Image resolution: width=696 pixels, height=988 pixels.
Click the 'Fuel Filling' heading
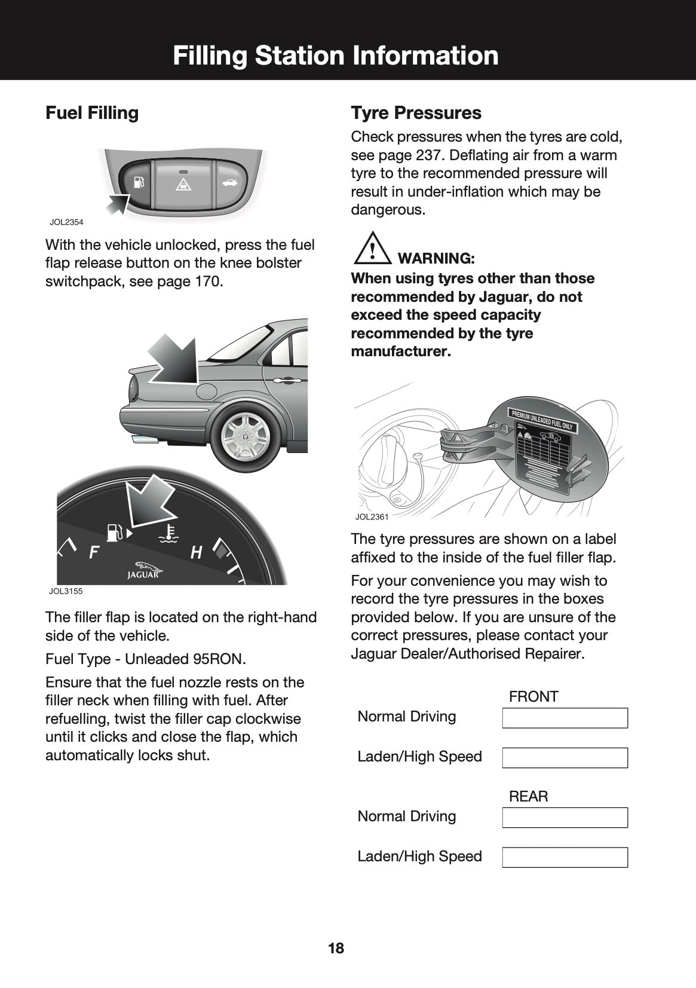pos(92,113)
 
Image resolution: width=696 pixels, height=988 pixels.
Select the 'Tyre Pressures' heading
pos(416,113)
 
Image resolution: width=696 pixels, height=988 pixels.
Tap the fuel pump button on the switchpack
pos(138,181)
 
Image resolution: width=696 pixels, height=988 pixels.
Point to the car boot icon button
pos(229,181)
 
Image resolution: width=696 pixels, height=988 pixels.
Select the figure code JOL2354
pos(66,222)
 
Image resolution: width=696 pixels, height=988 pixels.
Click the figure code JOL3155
pos(66,591)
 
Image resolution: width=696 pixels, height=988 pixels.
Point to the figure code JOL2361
pos(372,516)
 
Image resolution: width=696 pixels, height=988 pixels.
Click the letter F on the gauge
pos(94,552)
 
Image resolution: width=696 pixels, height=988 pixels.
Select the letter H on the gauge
pos(196,553)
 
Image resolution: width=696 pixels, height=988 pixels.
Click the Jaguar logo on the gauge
pos(143,570)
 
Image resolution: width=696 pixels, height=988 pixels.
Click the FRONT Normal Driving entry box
pos(565,718)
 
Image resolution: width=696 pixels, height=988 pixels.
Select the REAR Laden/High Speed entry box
pos(565,857)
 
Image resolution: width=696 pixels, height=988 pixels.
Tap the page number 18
pos(336,948)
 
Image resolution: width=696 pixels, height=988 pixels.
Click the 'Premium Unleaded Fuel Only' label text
pos(542,420)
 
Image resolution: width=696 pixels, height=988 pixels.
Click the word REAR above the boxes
pos(528,796)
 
